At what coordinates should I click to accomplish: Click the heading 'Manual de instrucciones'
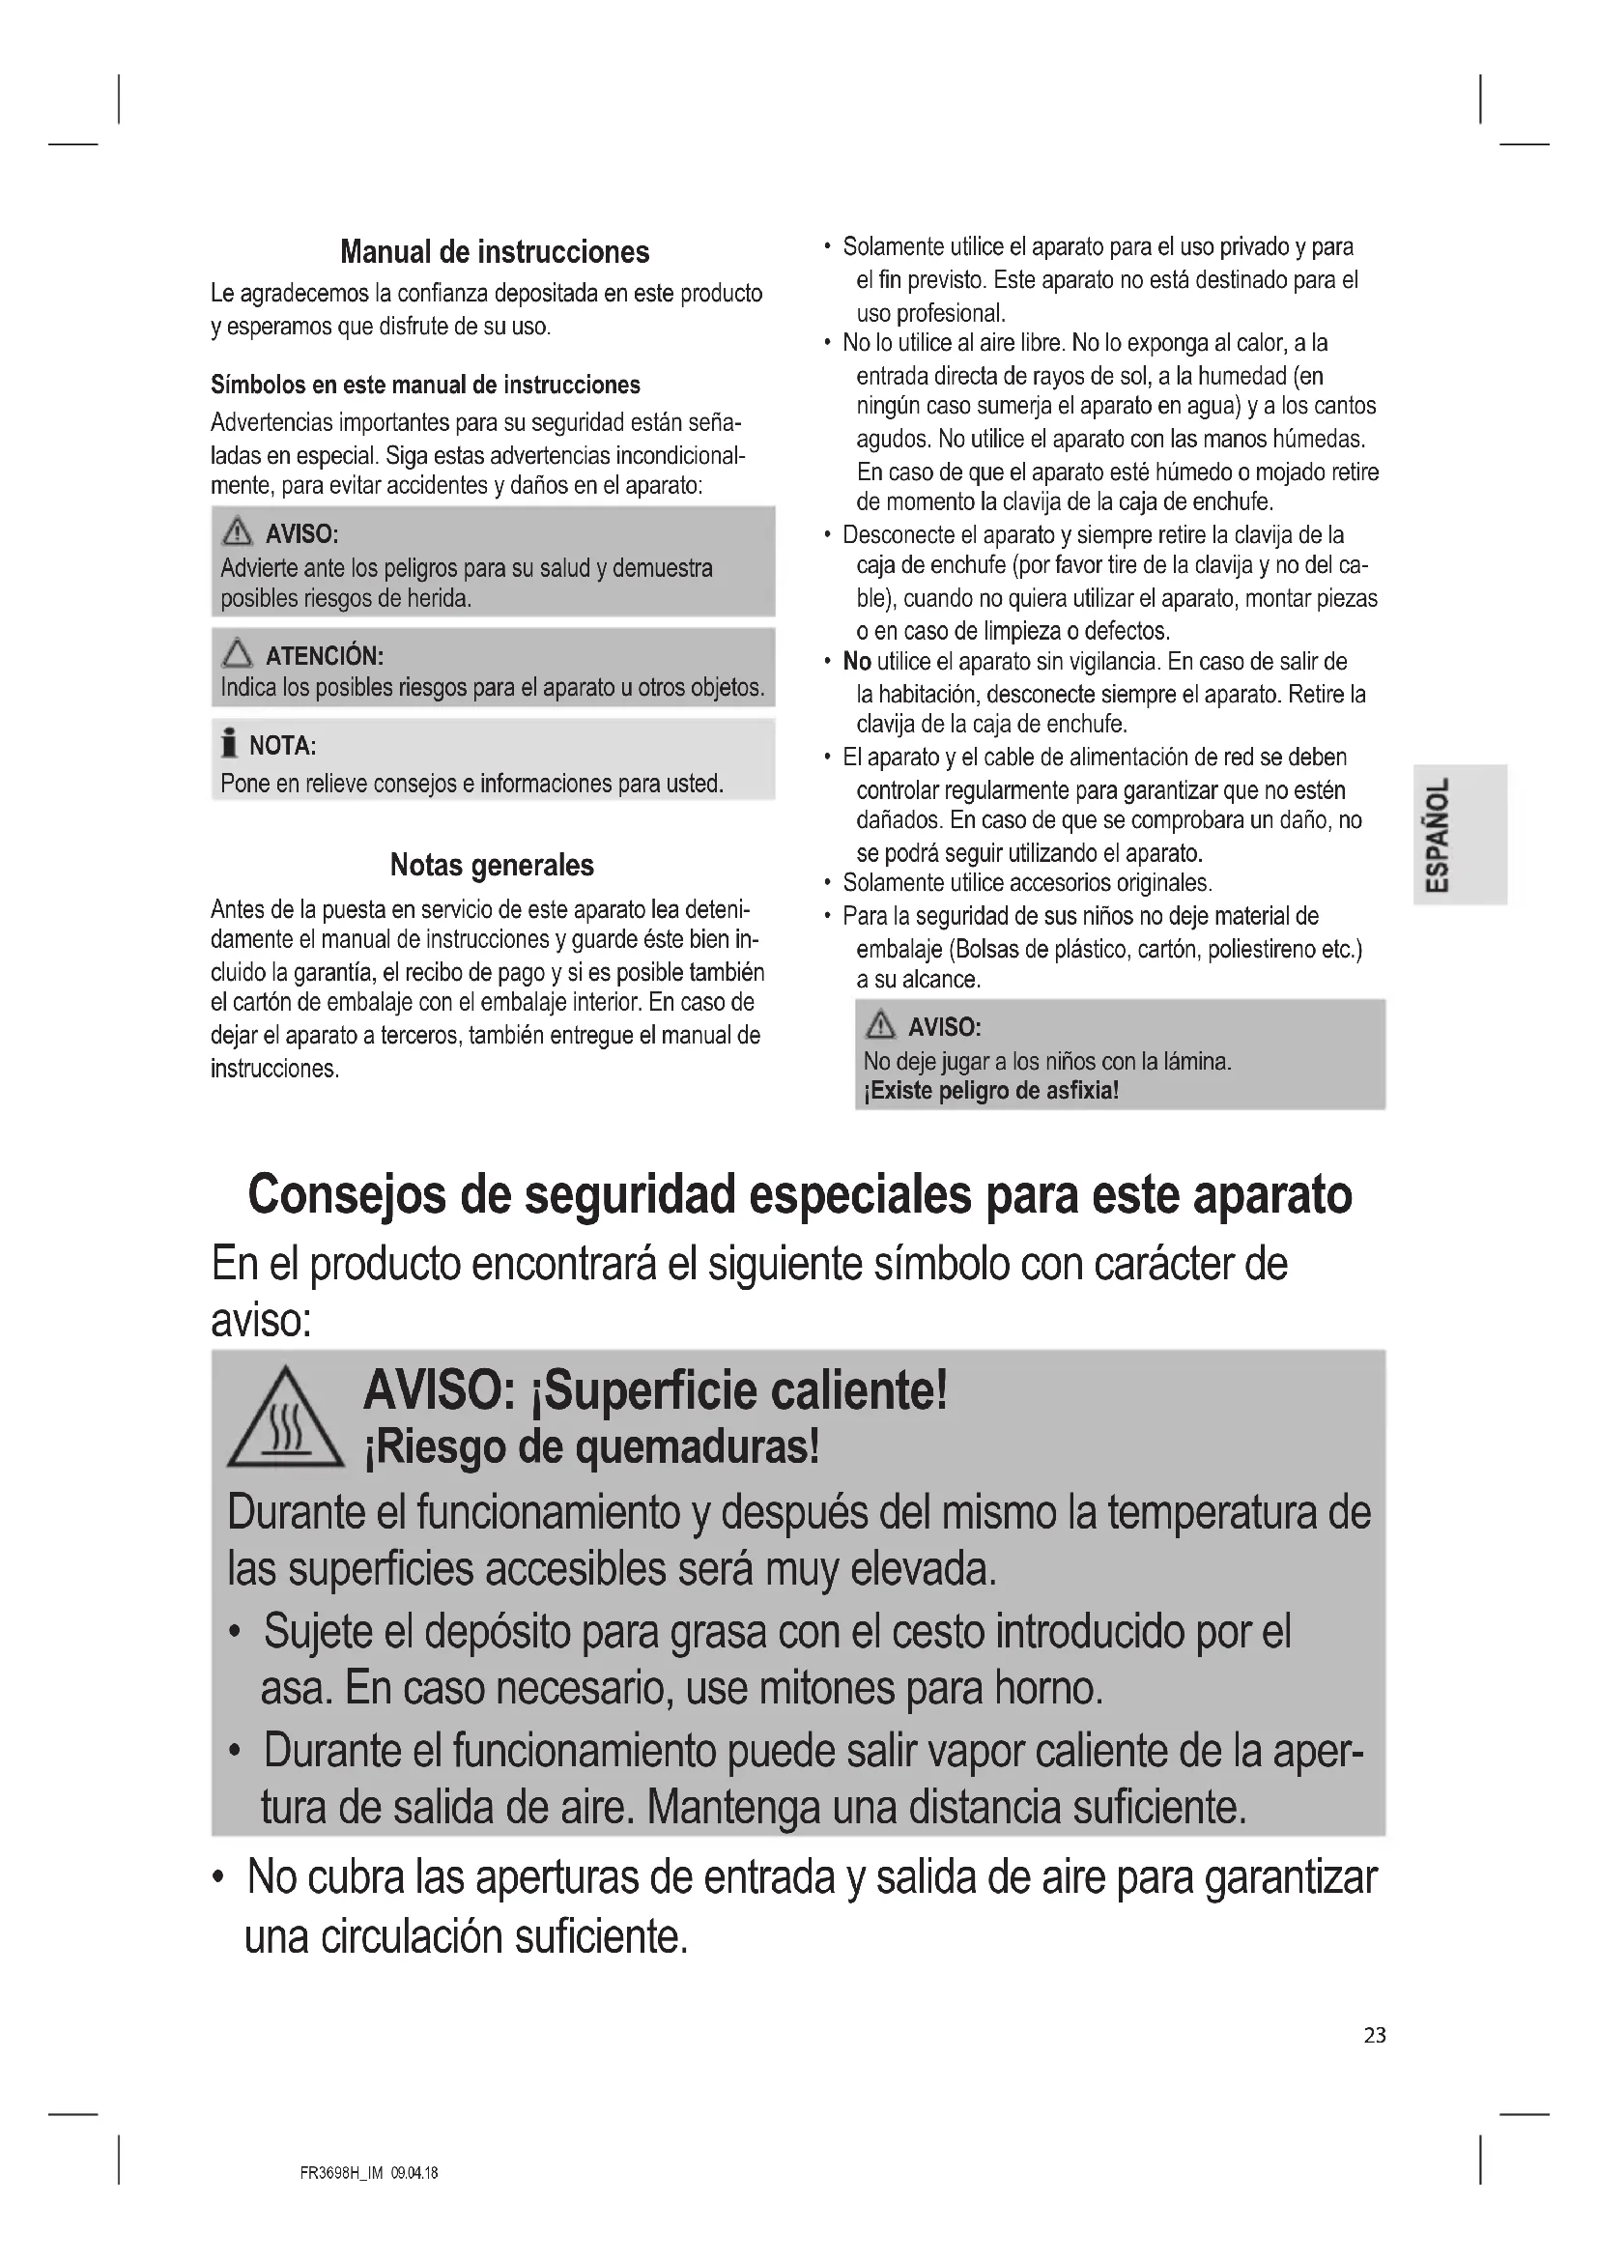coord(494,252)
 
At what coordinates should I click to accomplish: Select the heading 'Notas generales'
coord(492,865)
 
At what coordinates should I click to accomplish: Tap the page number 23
coord(1375,2036)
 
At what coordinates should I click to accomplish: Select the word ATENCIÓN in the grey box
coord(324,656)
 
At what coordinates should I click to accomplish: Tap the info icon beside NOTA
coord(229,744)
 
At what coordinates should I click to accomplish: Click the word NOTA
coord(282,746)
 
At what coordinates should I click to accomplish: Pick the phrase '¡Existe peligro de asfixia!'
coord(991,1091)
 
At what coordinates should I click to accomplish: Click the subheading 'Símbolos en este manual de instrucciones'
coord(425,385)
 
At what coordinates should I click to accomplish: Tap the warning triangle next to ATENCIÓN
coord(237,653)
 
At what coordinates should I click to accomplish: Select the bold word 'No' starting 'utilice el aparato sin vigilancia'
coord(856,662)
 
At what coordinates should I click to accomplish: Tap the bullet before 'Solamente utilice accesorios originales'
coord(829,884)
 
